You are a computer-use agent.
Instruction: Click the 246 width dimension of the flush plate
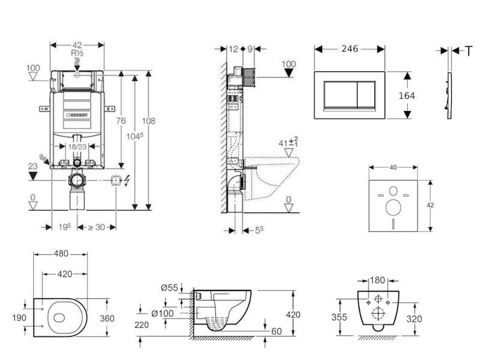[350, 49]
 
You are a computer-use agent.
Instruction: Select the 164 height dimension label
[407, 96]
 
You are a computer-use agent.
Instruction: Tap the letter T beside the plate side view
[469, 51]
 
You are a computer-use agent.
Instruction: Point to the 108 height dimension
[148, 121]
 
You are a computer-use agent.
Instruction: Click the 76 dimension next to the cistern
[121, 121]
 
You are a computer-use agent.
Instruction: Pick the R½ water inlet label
[77, 53]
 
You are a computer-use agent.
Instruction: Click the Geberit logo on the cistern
[77, 115]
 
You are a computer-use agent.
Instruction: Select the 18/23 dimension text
[77, 147]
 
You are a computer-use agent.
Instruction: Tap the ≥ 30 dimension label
[97, 227]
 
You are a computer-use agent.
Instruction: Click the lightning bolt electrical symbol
[127, 181]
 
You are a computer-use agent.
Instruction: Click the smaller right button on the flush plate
[367, 95]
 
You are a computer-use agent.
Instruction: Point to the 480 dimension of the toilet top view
[61, 254]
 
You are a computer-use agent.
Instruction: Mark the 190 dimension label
[19, 318]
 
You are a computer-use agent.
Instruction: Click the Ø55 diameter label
[169, 288]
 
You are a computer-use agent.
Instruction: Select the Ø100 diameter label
[163, 313]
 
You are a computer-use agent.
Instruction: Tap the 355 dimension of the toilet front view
[339, 317]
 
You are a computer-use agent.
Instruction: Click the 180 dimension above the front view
[377, 280]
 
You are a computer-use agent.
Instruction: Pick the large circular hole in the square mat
[394, 208]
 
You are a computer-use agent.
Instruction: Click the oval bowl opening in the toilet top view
[59, 318]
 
